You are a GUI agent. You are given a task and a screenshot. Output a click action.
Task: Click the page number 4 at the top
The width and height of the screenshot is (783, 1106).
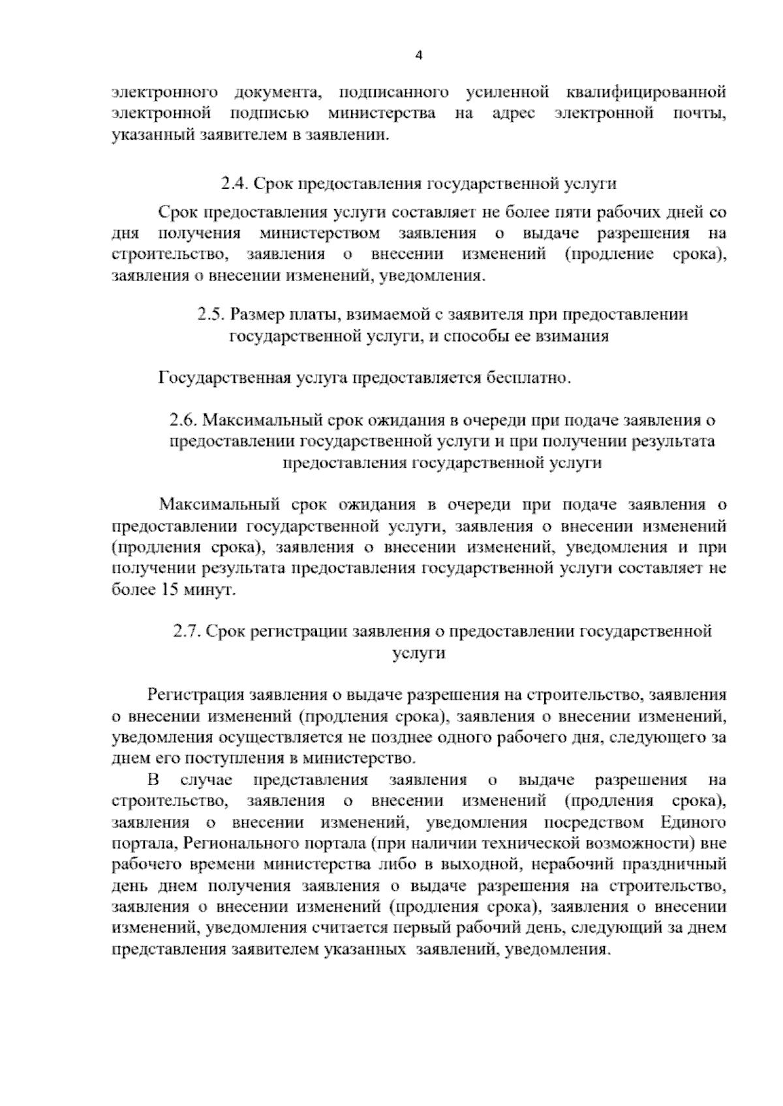tap(420, 55)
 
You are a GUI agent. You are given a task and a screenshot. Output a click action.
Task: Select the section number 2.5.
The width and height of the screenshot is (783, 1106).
tap(211, 315)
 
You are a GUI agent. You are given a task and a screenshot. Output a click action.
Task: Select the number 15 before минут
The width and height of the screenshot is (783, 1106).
tap(165, 590)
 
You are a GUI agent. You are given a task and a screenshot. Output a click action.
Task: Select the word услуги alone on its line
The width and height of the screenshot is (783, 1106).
tap(419, 653)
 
